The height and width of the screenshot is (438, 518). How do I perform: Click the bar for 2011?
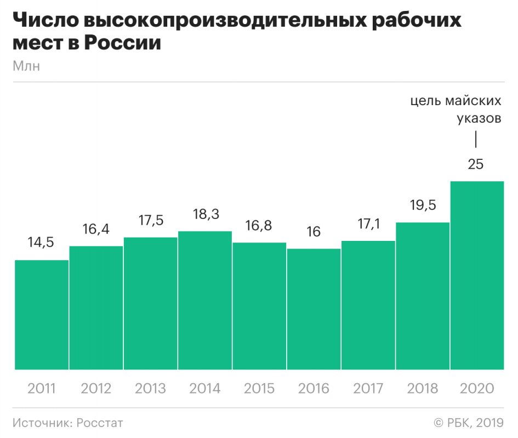42,315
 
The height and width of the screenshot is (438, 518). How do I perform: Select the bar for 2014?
205,300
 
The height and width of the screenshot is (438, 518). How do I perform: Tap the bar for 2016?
314,309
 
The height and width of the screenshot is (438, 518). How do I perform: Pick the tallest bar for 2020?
477,275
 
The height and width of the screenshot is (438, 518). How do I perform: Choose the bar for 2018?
423,296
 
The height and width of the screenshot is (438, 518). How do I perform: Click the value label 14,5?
42,243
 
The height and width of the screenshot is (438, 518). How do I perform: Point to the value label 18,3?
205,215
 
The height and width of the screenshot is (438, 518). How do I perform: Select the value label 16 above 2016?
314,232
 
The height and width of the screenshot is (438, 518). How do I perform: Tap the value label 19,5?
423,205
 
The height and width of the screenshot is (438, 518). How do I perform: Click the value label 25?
476,164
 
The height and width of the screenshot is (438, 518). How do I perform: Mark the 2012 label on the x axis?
96,389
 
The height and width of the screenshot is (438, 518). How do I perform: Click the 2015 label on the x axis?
259,389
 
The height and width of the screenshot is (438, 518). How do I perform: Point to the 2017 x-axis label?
368,389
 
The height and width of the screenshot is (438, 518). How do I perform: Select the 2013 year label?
150,389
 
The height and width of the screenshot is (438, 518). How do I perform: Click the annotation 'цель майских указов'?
456,110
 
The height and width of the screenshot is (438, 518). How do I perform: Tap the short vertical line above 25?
476,139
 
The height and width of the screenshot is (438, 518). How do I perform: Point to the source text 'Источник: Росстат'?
67,423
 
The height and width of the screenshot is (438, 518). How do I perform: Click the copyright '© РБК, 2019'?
469,423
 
